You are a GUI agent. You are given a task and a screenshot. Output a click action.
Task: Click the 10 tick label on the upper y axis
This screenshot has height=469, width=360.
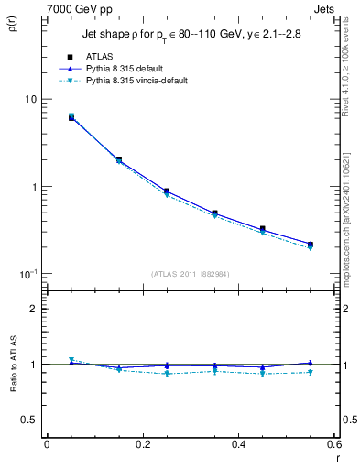pos(29,99)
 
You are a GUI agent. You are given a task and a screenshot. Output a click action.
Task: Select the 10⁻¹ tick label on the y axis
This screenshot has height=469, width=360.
pos(27,274)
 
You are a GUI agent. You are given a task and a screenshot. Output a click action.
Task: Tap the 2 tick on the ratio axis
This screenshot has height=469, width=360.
pos(32,309)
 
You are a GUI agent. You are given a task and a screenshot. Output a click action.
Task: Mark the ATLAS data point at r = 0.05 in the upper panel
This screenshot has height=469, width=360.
pos(71,117)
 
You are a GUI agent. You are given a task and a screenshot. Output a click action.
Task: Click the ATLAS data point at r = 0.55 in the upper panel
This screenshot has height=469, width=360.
pos(311,245)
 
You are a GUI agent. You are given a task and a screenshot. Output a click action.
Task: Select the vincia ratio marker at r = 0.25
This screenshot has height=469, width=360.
pos(167,374)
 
